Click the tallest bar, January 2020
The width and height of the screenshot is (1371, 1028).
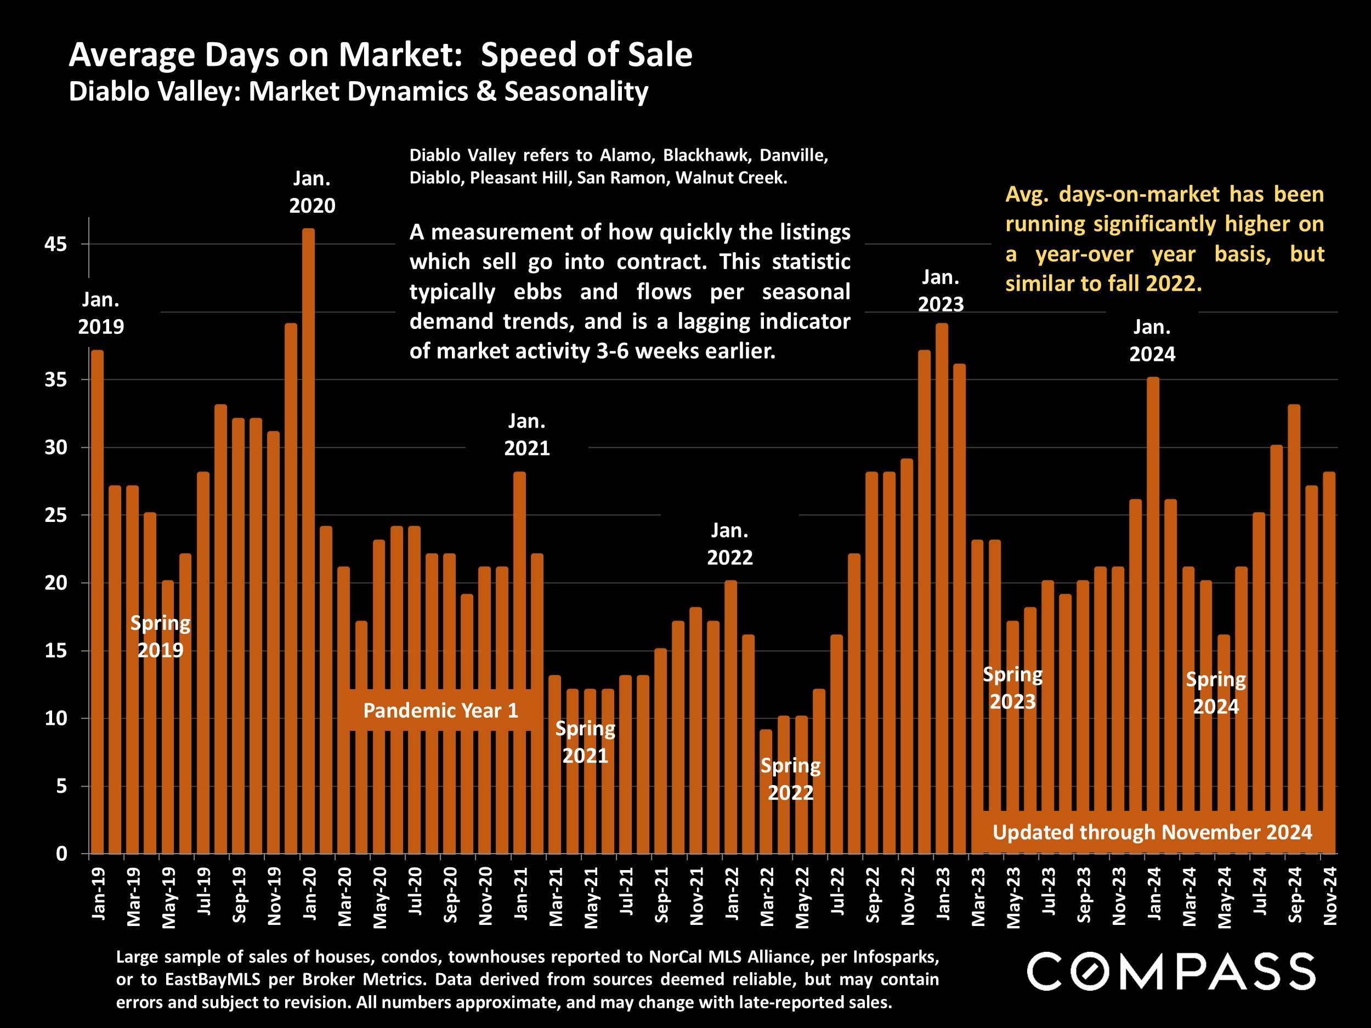click(x=308, y=539)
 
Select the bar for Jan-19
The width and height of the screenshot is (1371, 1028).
click(x=97, y=601)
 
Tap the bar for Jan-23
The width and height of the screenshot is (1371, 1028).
click(x=942, y=589)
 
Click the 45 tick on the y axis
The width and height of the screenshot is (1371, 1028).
click(x=55, y=244)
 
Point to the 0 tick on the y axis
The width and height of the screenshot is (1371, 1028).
click(x=61, y=854)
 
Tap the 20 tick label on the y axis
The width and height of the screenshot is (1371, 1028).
click(x=55, y=583)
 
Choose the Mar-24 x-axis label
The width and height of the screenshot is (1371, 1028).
click(x=1189, y=896)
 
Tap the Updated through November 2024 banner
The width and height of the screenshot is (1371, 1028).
click(x=1152, y=832)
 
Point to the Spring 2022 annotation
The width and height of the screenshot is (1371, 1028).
click(x=790, y=779)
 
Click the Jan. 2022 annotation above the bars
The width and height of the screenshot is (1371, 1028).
click(x=729, y=544)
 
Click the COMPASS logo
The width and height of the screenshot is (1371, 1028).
click(x=1171, y=972)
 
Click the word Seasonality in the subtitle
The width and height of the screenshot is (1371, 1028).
click(x=576, y=92)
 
